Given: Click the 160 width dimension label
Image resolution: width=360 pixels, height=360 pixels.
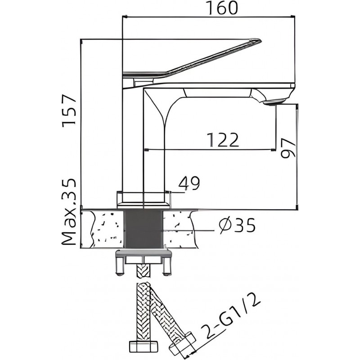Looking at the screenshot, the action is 222,8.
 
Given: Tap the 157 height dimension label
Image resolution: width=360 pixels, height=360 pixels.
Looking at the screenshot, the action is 69,111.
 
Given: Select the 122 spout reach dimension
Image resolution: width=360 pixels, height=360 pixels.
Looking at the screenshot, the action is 223,140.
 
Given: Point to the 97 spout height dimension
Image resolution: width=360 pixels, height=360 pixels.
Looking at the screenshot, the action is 288,148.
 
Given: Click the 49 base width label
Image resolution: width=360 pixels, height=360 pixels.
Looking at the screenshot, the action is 189,183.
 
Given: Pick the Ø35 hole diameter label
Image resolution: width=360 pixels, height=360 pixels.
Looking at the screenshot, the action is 237,225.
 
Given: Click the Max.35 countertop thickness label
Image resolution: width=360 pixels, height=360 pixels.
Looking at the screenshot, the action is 69,211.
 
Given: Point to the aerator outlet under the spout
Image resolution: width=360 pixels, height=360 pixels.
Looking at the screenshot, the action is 275,102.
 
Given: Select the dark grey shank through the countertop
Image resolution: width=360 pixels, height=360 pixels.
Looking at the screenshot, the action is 143,229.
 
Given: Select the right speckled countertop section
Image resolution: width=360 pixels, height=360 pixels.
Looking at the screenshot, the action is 180,229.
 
